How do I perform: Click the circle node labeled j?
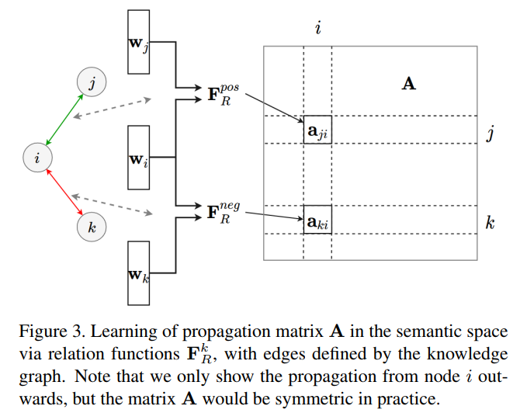[x=91, y=82]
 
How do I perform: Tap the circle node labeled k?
[x=92, y=227]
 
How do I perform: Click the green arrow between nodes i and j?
[x=64, y=120]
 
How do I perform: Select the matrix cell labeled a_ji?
[x=317, y=131]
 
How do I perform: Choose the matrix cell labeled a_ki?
[x=317, y=221]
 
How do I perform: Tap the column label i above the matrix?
[x=318, y=29]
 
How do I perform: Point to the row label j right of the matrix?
[x=490, y=134]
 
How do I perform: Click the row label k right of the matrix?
[x=490, y=224]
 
